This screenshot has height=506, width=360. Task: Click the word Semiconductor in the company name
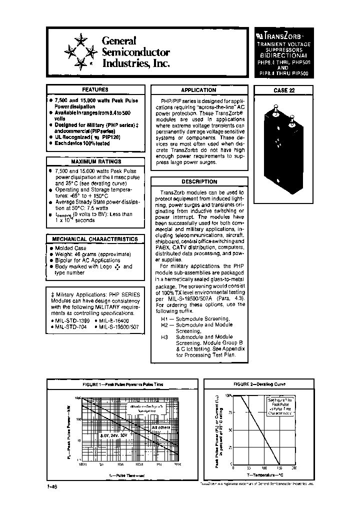pos(135,52)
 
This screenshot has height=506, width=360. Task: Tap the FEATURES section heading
pos(95,89)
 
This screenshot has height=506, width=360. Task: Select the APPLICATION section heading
pos(198,90)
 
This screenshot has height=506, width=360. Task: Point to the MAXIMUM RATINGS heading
pos(95,162)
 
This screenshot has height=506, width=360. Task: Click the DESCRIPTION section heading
pos(199,182)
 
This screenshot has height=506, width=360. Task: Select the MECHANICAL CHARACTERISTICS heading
pos(95,239)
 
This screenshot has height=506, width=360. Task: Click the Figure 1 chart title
pos(123,384)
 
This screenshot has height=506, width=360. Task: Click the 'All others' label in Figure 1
pos(160,427)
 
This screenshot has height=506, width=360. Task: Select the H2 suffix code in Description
pos(165,325)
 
